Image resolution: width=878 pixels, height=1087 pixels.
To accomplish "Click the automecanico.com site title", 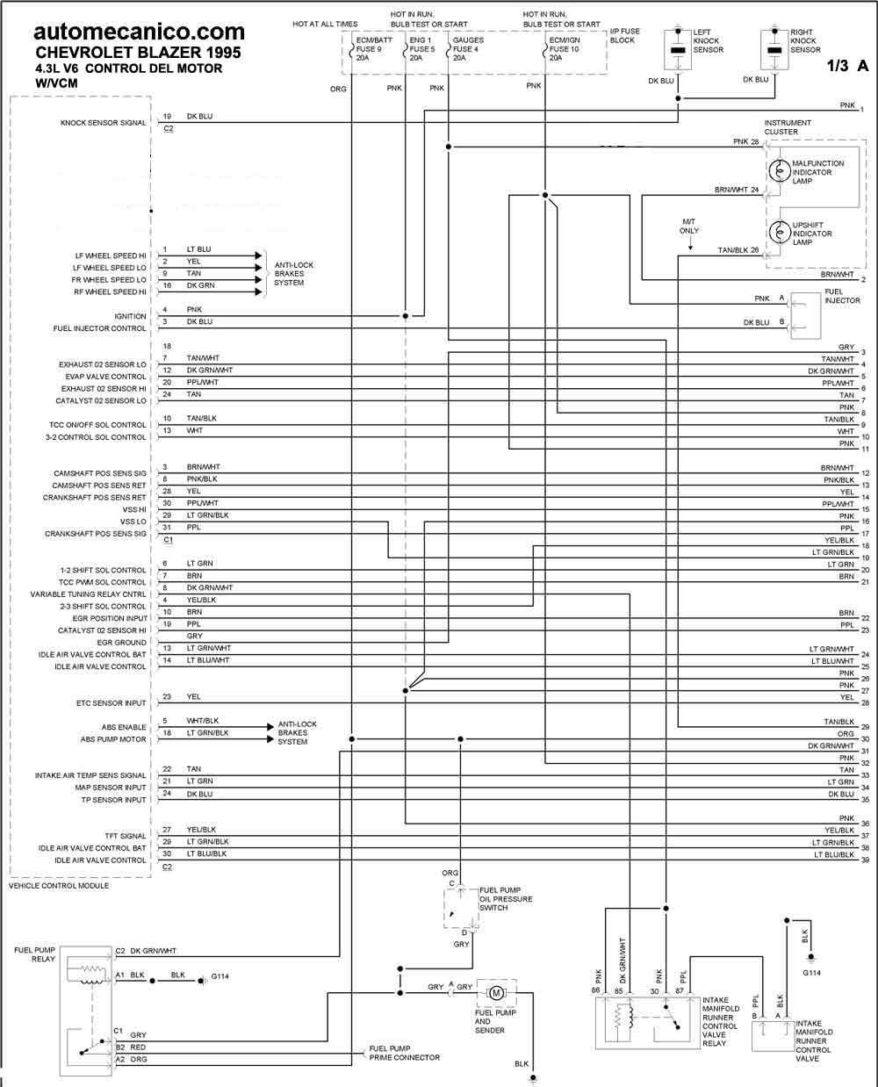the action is click(140, 32).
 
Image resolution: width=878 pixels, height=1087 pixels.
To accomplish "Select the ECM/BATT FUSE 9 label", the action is click(374, 49).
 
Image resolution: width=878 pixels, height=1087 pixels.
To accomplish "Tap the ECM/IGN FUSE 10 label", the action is click(565, 49).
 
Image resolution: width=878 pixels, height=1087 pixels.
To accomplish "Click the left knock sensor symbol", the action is click(678, 49).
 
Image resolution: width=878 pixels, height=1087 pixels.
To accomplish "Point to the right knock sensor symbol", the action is click(774, 49).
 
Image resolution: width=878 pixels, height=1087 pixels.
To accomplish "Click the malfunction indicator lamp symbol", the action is click(779, 171).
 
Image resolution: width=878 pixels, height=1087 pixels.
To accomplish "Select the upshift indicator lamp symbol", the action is click(779, 232).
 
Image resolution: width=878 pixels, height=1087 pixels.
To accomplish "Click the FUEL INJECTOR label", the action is click(842, 296).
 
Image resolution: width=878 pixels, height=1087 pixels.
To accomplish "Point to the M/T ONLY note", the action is click(688, 226).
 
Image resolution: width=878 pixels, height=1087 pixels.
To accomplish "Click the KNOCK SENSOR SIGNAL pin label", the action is click(103, 123).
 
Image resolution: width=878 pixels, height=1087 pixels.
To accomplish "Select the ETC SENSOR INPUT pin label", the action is click(112, 703).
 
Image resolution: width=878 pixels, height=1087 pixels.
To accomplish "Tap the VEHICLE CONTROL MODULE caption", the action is click(59, 886).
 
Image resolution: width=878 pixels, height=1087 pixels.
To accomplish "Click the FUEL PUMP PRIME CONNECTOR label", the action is click(405, 1053).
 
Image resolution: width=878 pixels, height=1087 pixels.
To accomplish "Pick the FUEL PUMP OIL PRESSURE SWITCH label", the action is click(506, 899).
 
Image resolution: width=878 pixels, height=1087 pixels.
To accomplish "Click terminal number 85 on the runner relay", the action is click(619, 991).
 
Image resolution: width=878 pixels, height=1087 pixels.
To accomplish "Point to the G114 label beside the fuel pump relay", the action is click(219, 976).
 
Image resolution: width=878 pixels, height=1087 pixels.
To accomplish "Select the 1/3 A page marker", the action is click(847, 65).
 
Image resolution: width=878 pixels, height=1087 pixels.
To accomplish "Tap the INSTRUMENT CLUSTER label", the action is click(788, 127).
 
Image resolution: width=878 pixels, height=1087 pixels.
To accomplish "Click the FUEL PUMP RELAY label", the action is click(35, 954).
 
